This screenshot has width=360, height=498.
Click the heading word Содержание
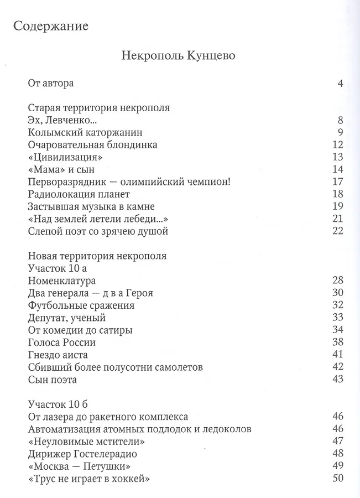(x=51, y=26)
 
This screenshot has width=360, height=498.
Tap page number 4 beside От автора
(x=340, y=84)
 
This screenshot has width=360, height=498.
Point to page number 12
(x=338, y=145)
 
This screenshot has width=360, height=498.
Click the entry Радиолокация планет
(x=78, y=194)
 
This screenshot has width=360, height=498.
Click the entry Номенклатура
(x=61, y=281)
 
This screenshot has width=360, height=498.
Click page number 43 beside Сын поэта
(x=338, y=380)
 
